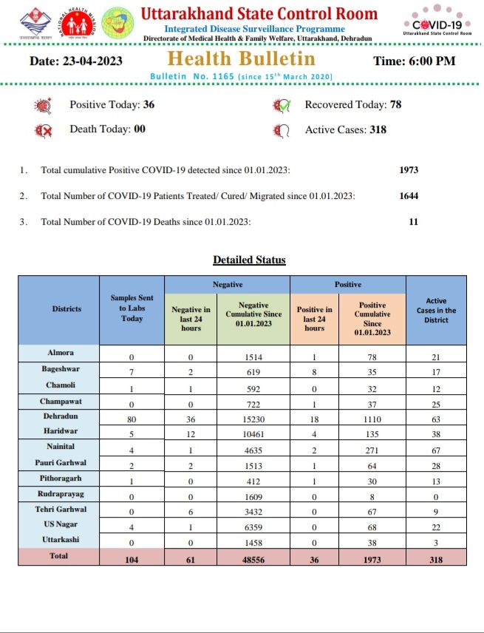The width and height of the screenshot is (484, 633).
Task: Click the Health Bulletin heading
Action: (242, 59)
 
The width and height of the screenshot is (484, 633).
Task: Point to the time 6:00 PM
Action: (415, 61)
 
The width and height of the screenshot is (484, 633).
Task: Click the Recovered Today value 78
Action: (395, 105)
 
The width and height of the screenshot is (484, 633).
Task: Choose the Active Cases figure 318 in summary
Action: (377, 129)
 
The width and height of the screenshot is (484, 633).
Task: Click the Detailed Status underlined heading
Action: (249, 260)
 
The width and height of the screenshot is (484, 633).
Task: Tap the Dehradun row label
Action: (66, 416)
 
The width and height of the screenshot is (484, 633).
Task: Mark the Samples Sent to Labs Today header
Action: (132, 308)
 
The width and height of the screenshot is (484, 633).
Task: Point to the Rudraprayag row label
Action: (66, 493)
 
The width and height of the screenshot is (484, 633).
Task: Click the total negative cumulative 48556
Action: (253, 560)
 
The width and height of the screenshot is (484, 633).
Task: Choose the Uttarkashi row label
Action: (66, 540)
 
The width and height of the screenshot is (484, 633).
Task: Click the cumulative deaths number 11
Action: (414, 221)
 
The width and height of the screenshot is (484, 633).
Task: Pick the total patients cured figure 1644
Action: (409, 196)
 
